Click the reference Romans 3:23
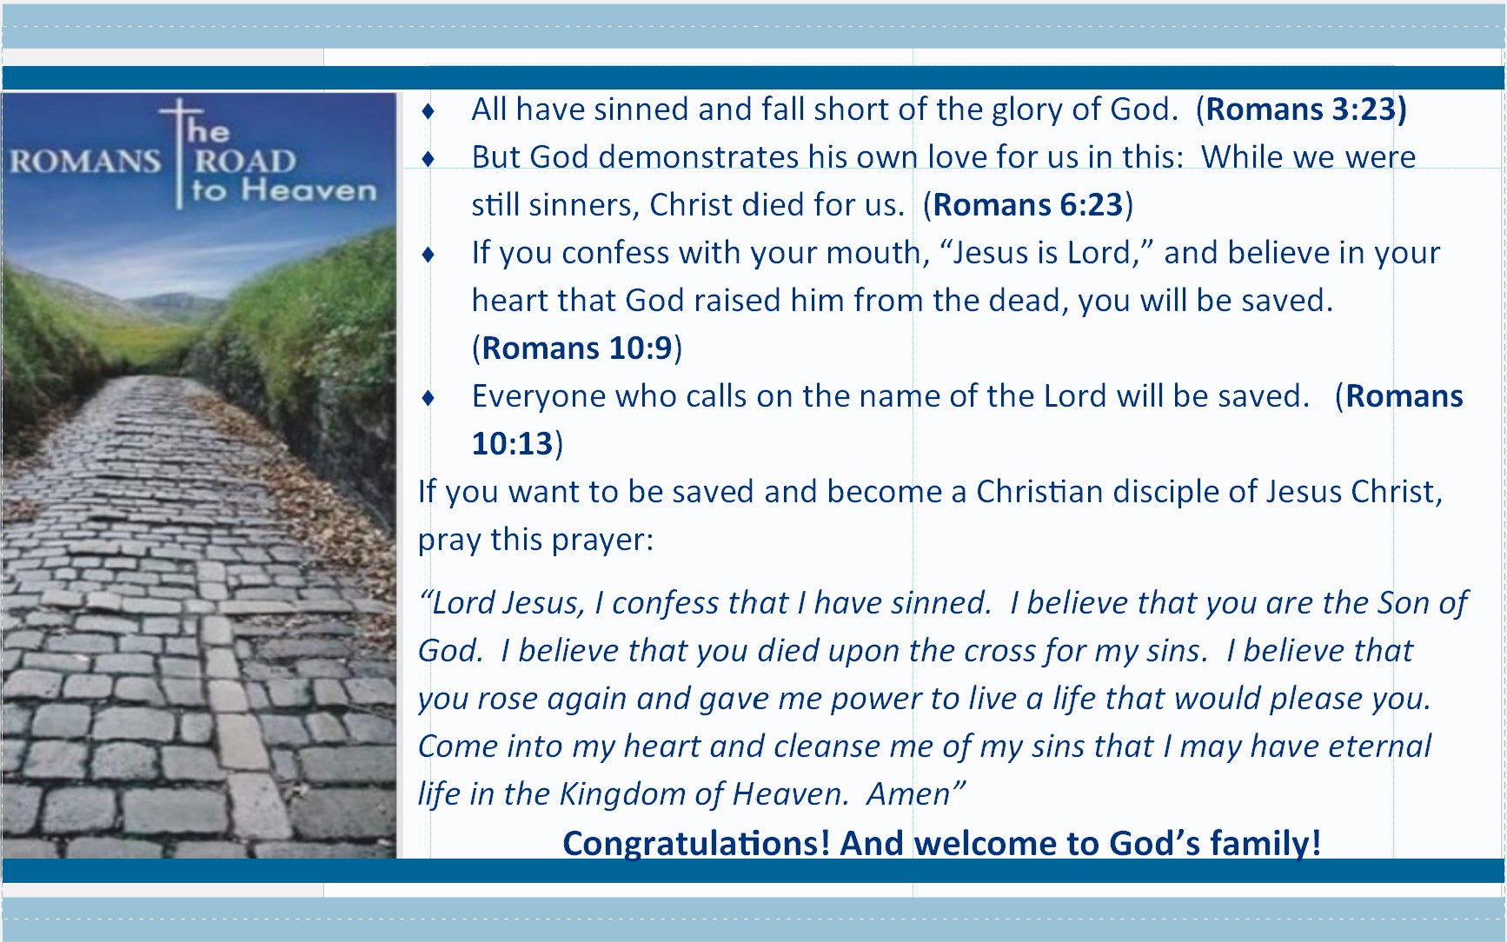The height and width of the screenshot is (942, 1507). [x=1301, y=109]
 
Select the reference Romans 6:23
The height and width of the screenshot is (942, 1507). [x=1028, y=205]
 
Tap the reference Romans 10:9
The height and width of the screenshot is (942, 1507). [x=577, y=348]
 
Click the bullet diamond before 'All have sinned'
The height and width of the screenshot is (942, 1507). [x=428, y=111]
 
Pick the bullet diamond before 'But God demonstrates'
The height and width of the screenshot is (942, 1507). [x=428, y=159]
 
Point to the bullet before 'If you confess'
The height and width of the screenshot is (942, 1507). [x=428, y=255]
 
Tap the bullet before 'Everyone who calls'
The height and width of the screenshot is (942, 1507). [x=428, y=398]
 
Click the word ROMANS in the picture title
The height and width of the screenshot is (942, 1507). [x=85, y=162]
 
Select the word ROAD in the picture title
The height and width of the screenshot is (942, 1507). [x=244, y=162]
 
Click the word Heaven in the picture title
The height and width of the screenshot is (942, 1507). [x=309, y=190]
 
